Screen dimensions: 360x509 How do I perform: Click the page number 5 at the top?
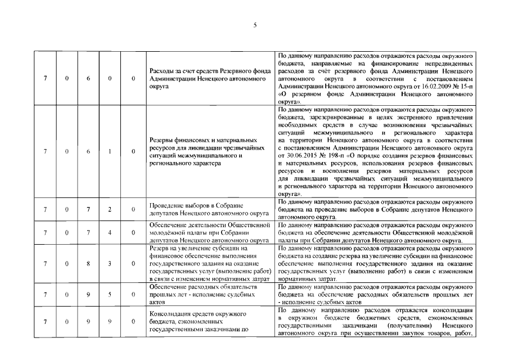tap(255, 25)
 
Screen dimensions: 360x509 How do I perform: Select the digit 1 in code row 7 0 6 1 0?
tap(110, 151)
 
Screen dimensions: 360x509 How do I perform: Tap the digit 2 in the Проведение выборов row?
tap(110, 209)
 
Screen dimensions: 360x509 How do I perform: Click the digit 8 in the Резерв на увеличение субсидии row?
tap(88, 263)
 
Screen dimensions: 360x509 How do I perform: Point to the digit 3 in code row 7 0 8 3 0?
tap(110, 263)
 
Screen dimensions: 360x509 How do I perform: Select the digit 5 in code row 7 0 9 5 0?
tap(110, 294)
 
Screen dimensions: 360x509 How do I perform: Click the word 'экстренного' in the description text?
tap(416, 117)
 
